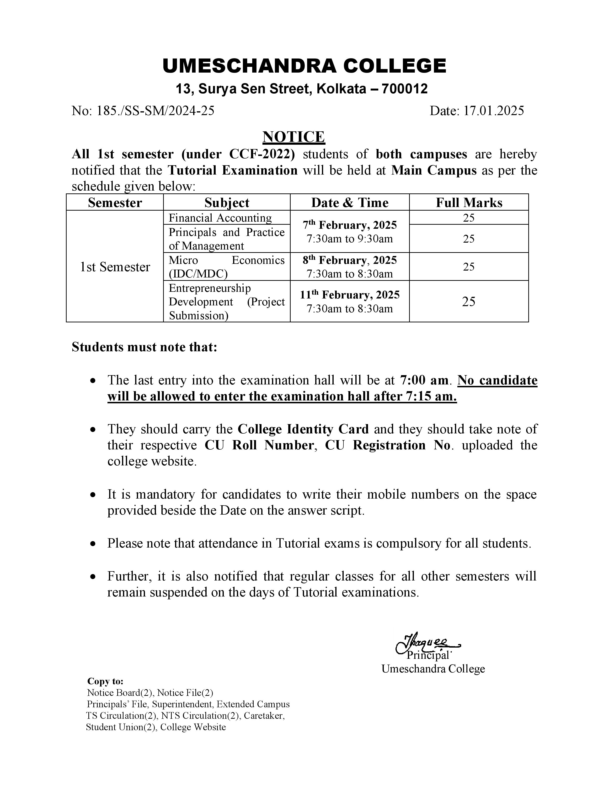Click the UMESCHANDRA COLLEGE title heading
[304, 66]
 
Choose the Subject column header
[227, 203]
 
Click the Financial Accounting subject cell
[220, 218]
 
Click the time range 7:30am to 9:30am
[350, 239]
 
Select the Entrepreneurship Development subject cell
[227, 302]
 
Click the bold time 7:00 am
[424, 380]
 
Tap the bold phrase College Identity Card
[303, 429]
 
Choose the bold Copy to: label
[105, 682]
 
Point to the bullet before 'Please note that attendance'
[93, 544]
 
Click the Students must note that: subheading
[144, 347]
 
